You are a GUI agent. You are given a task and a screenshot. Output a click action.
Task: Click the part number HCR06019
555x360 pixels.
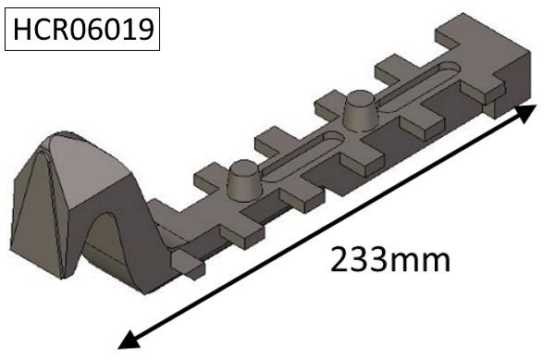84,33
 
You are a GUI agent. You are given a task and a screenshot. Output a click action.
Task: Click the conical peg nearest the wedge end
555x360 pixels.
243,177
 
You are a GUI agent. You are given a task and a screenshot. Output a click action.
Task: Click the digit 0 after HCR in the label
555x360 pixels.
80,33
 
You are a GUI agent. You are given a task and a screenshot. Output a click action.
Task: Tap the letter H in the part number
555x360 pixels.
22,33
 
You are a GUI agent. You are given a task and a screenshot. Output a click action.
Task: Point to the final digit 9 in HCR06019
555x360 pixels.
147,33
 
